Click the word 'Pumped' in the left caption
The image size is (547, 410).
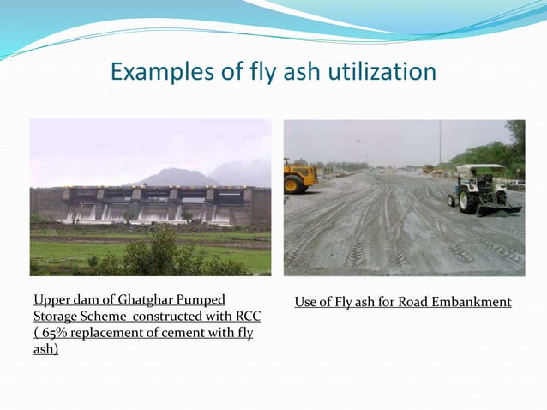click(203, 300)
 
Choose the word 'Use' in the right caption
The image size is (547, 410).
click(306, 302)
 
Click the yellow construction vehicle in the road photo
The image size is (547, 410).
click(299, 176)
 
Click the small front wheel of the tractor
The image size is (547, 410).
click(452, 200)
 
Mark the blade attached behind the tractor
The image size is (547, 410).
click(504, 208)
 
